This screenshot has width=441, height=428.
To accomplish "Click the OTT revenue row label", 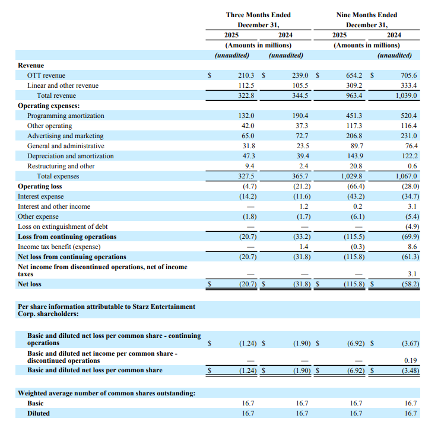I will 46,75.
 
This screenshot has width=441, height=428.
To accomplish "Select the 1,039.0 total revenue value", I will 406,95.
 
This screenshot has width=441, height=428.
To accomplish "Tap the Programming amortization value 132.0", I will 246,116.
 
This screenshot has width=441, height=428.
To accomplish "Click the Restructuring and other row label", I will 61,166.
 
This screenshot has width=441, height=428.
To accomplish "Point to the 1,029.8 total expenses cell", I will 353,176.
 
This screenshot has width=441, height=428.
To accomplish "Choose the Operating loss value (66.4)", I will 354,186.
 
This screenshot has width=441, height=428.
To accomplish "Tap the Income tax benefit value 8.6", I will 412,247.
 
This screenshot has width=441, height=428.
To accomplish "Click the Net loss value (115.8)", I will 353,285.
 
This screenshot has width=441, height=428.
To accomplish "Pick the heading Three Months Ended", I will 258,15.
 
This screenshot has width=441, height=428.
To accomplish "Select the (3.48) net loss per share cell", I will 408,370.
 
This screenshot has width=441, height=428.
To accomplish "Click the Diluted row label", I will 39,413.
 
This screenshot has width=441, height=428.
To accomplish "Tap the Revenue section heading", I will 31,65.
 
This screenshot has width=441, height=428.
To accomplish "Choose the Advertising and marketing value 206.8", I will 355,136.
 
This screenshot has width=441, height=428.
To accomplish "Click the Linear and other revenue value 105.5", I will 300,85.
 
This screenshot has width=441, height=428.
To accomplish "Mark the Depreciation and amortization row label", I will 70,156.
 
